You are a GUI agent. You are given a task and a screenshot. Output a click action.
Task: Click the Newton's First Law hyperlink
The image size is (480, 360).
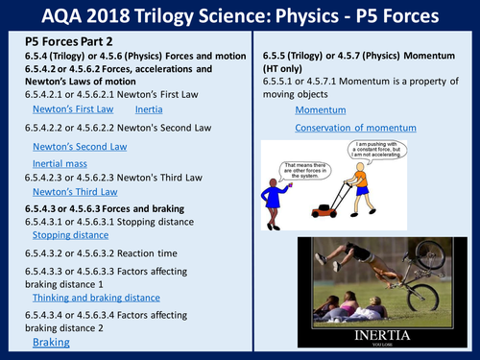[71, 109]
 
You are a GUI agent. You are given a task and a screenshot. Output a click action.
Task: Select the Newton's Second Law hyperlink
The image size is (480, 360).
[80, 145]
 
